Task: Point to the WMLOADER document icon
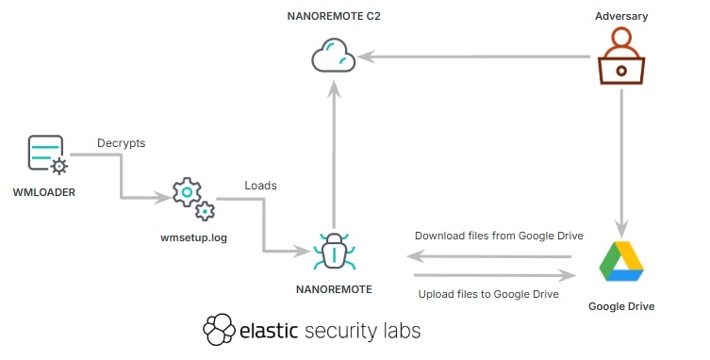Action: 46,155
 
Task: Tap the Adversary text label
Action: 621,16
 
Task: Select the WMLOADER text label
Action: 43,192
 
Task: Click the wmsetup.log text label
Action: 190,237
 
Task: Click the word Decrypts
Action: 121,144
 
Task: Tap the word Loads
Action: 260,185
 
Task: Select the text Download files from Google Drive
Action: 499,236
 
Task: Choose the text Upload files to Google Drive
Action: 488,294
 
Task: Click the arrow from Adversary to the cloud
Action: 476,58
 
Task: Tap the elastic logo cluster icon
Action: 219,330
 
